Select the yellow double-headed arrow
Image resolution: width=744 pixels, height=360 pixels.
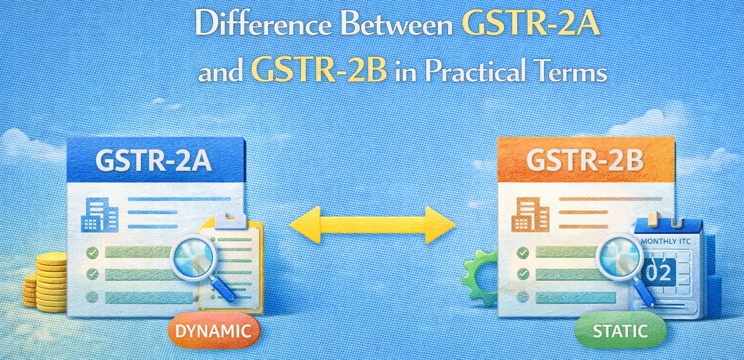point(372,225)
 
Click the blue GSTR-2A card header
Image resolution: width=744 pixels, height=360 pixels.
point(156,160)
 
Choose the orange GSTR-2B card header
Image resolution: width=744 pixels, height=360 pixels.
point(586,160)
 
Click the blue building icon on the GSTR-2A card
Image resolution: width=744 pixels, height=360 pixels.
point(100,215)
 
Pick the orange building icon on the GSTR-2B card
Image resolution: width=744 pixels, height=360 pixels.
point(531,215)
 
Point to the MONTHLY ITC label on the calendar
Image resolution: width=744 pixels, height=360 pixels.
point(666,241)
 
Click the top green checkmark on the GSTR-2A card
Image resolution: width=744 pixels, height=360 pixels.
point(93,252)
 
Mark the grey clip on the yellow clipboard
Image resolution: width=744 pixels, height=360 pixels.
point(231,220)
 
